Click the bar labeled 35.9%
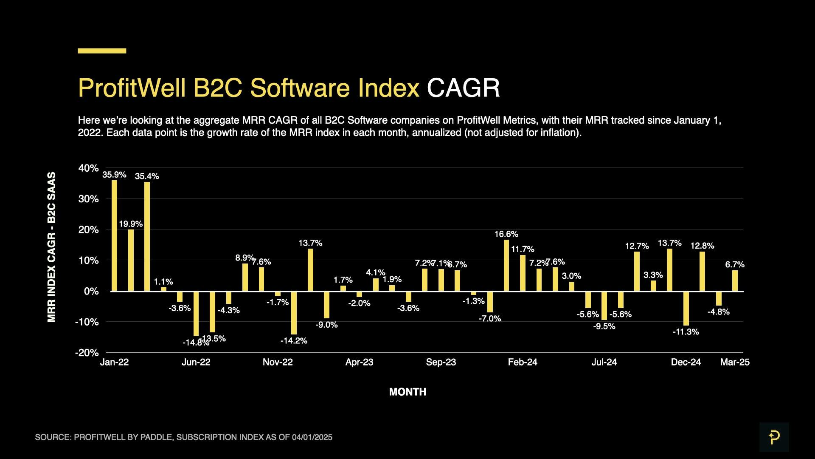click(114, 235)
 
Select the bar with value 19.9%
click(131, 260)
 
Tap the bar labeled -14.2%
click(294, 313)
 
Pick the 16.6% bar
click(506, 265)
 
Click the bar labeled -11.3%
click(686, 308)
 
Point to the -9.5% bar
click(604, 306)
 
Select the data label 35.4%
click(147, 176)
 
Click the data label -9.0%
click(326, 325)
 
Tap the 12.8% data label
click(702, 246)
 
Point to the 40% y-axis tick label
click(88, 168)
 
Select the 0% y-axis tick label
click(91, 292)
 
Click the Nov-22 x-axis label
click(278, 363)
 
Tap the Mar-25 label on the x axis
click(735, 363)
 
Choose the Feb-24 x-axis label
click(523, 363)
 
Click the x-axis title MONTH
click(407, 392)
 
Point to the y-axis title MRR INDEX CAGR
click(51, 247)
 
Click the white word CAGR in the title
click(463, 88)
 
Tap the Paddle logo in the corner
click(774, 437)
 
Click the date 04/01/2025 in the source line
click(312, 437)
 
